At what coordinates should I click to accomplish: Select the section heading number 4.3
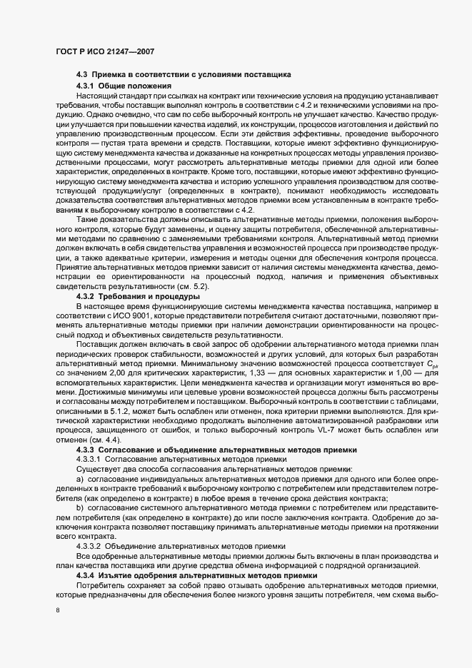coord(82,75)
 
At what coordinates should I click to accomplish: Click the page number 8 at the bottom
coord(59,612)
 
